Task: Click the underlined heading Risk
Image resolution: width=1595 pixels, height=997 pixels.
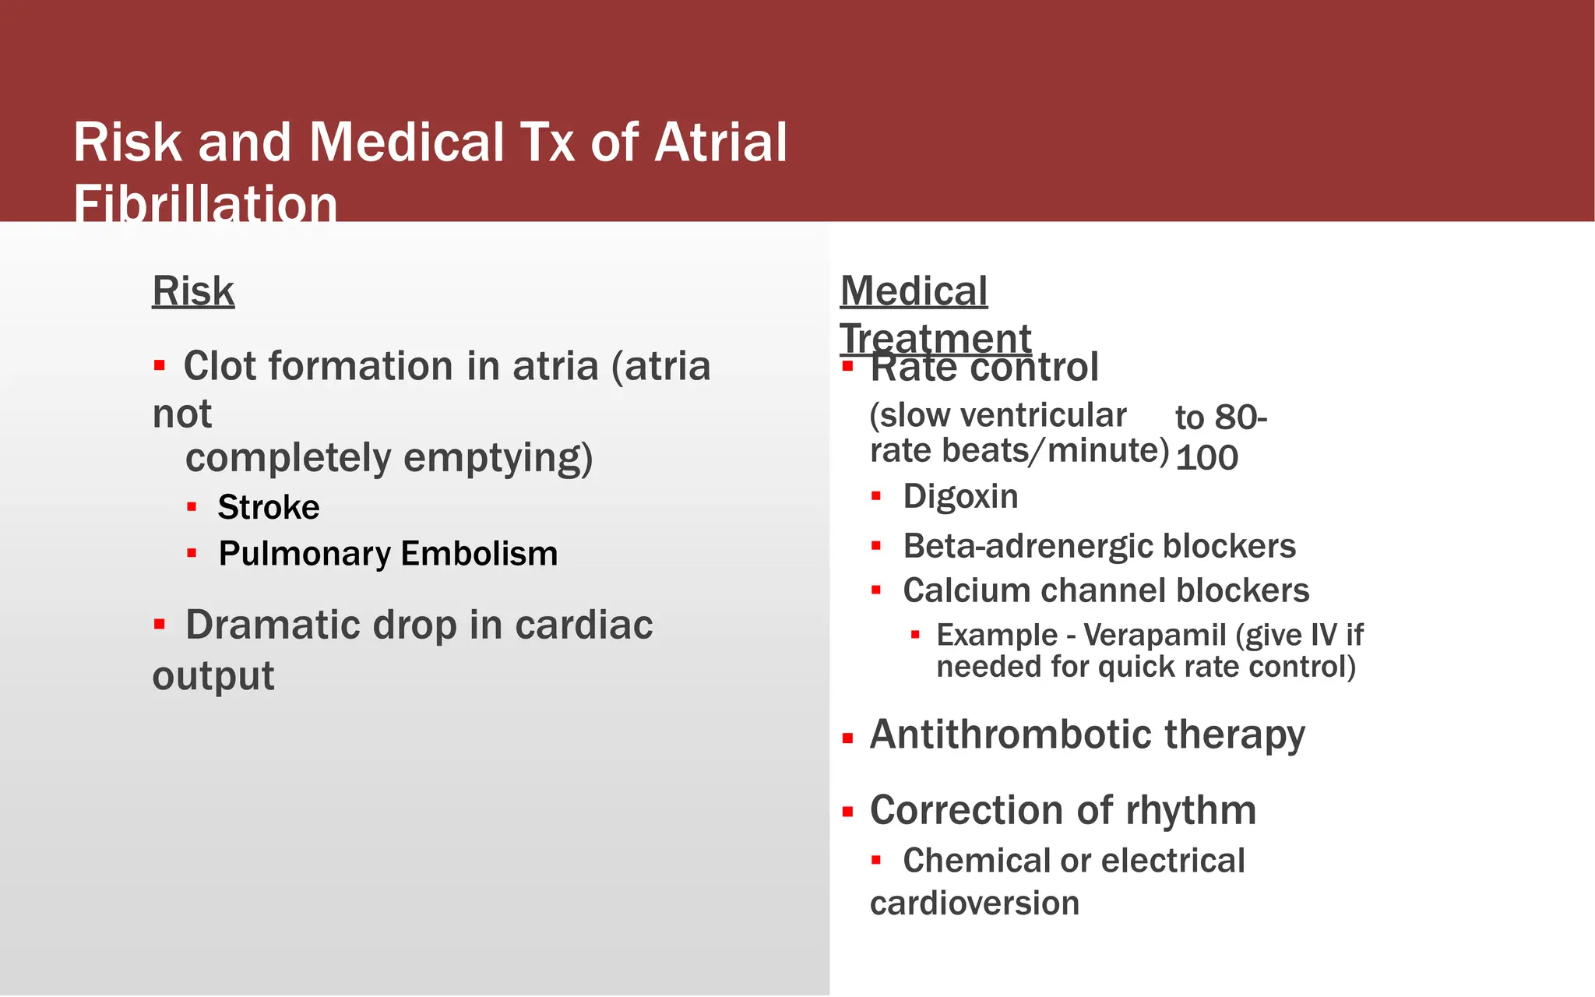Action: pyautogui.click(x=192, y=291)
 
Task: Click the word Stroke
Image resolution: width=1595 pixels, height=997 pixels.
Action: pyautogui.click(x=269, y=507)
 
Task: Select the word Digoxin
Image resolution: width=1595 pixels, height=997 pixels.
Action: pyautogui.click(x=960, y=496)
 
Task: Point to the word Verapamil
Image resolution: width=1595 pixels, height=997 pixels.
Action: pyautogui.click(x=1154, y=635)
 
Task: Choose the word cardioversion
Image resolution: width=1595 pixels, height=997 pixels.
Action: pyautogui.click(x=974, y=904)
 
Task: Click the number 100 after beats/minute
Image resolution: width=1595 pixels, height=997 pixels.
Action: pyautogui.click(x=1206, y=458)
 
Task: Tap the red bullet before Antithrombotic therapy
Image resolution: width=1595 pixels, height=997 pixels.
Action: pyautogui.click(x=848, y=738)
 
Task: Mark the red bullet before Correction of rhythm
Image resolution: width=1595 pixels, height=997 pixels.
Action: pyautogui.click(x=848, y=812)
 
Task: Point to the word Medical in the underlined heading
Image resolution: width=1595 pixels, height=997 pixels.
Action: pyautogui.click(x=914, y=291)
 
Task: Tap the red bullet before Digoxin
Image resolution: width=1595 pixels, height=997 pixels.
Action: pyautogui.click(x=876, y=496)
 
